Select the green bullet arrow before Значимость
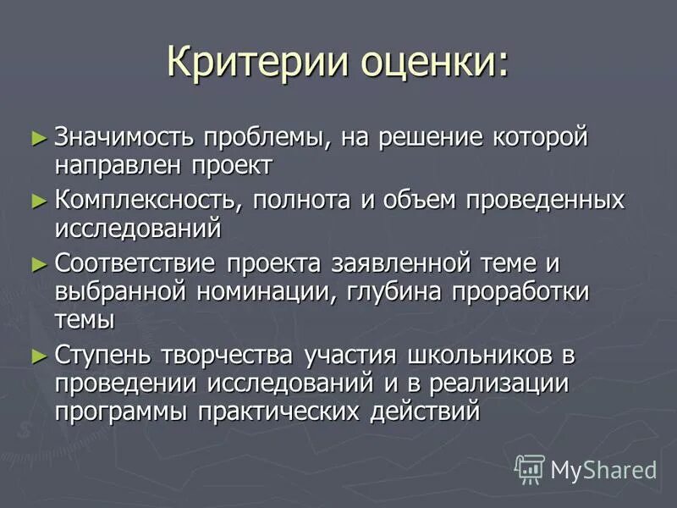(36, 135)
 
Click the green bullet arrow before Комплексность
(36, 200)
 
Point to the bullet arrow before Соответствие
(36, 264)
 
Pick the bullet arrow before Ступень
(36, 356)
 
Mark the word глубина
(414, 293)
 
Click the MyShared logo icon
(530, 468)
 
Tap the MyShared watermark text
(603, 469)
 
